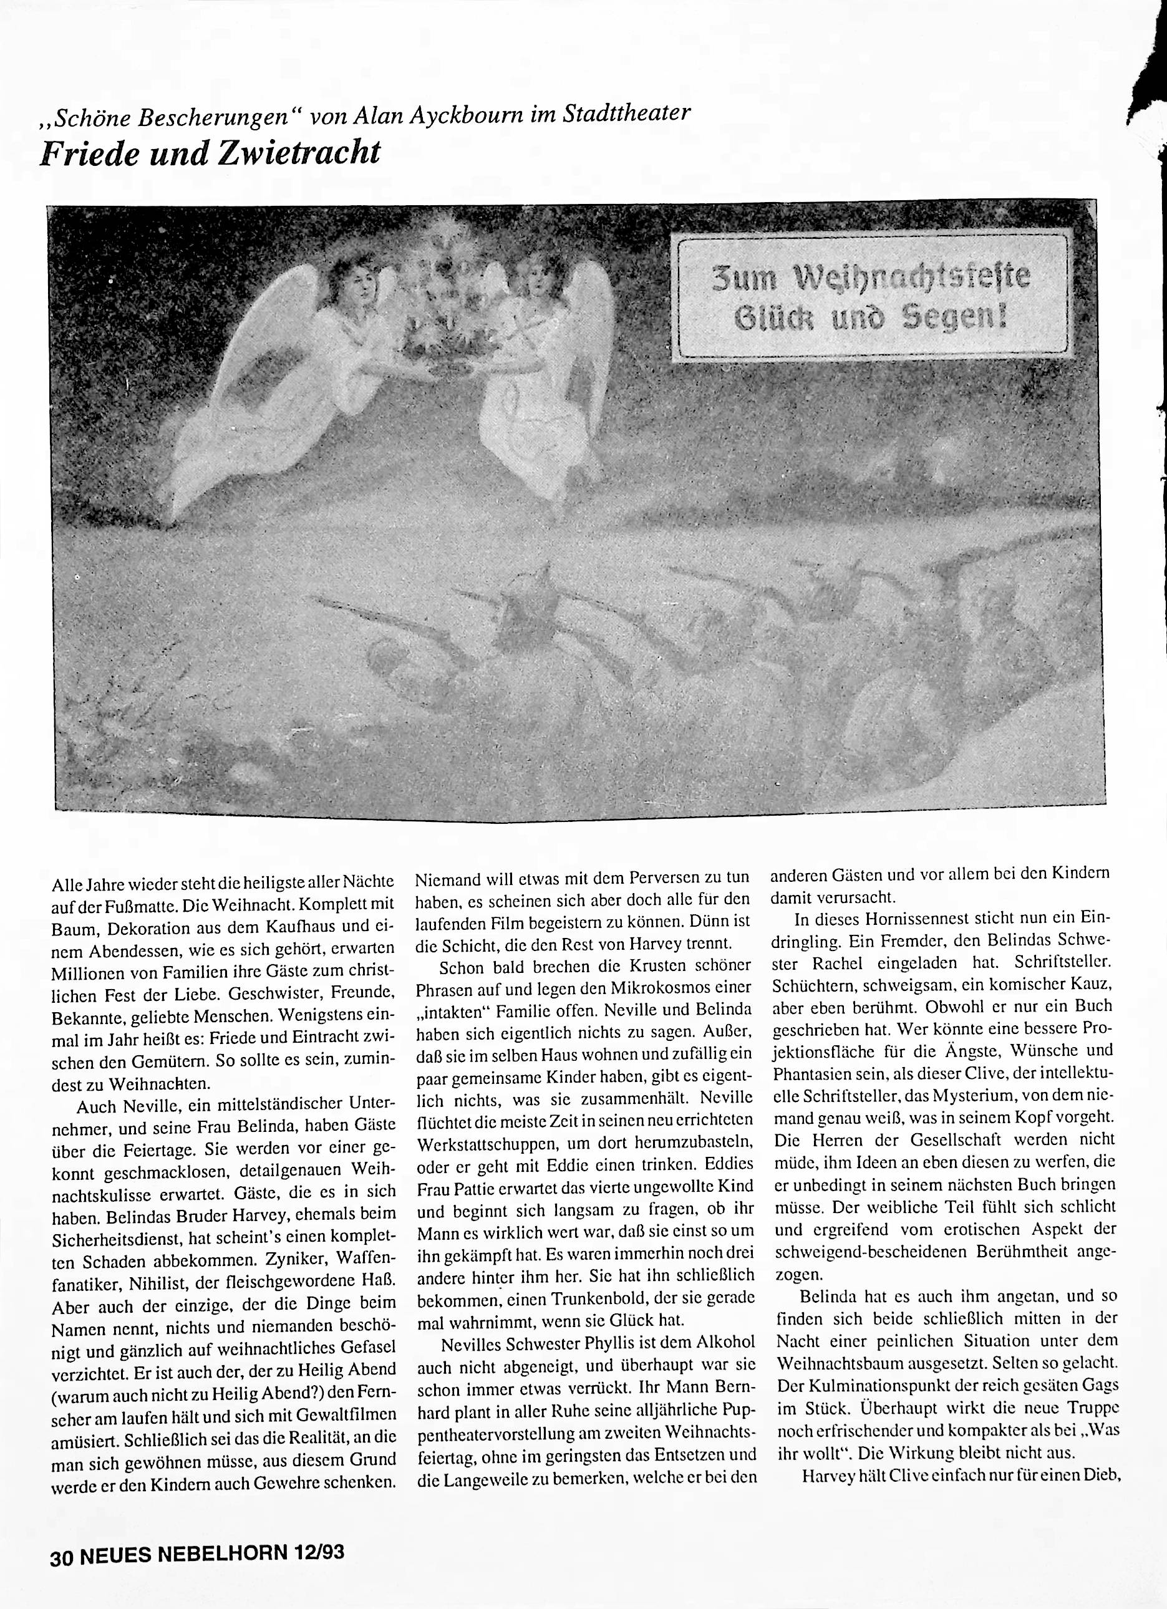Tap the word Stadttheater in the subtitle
point(625,113)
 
